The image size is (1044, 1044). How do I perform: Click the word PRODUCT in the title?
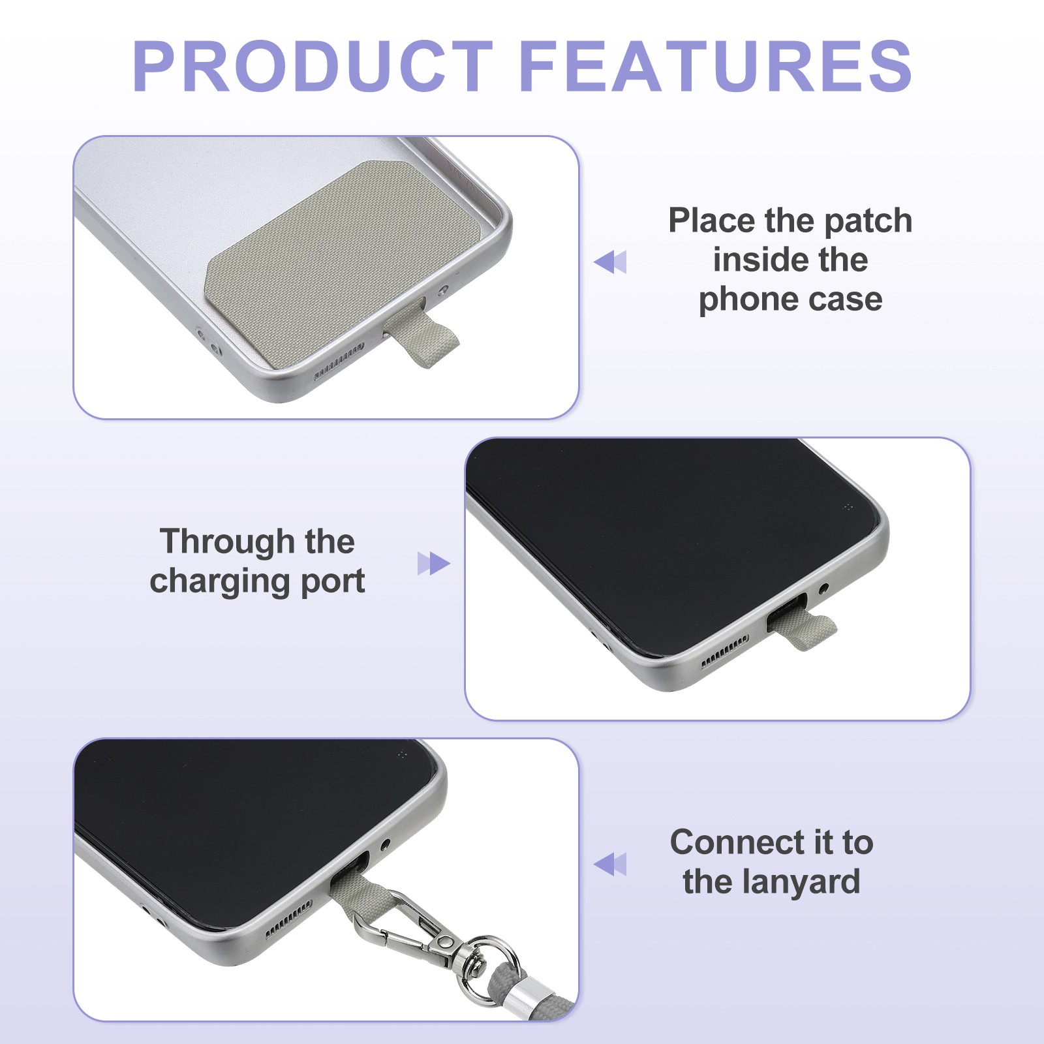pos(313,66)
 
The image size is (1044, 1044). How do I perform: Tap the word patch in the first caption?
pos(868,221)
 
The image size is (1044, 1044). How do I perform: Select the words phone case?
pos(790,299)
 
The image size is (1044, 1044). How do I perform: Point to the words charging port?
pos(257,581)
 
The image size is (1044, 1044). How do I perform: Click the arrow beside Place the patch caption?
pos(610,262)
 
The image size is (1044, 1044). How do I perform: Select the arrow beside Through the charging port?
pos(434,564)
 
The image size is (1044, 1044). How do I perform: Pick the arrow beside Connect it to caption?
pos(610,864)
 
